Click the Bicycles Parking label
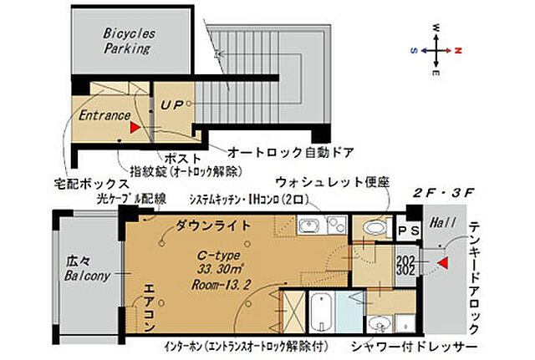pos(126,42)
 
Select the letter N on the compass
pos(458,49)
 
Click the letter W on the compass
pos(437,28)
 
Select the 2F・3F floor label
pos(444,192)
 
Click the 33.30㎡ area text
pos(191,269)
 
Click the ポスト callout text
pos(181,159)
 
